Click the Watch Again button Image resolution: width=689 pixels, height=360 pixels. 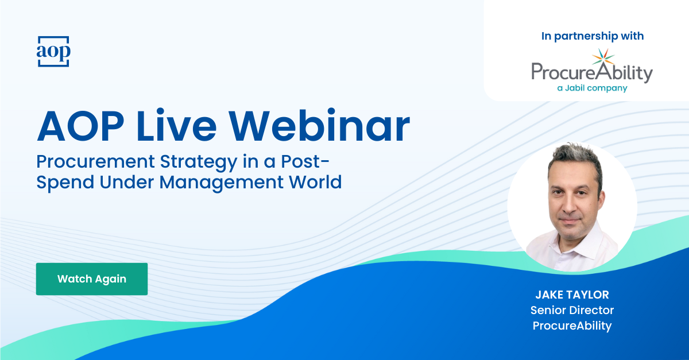[92, 279]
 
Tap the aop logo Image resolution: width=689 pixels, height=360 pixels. [53, 52]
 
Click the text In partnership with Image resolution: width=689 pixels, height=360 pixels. [593, 36]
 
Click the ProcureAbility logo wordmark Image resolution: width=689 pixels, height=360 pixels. [591, 73]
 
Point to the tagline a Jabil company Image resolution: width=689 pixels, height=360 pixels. [592, 88]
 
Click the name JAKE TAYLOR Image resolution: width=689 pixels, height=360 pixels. [572, 295]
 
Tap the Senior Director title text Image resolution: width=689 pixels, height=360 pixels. [572, 310]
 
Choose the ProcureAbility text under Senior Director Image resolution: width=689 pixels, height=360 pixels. [572, 326]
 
